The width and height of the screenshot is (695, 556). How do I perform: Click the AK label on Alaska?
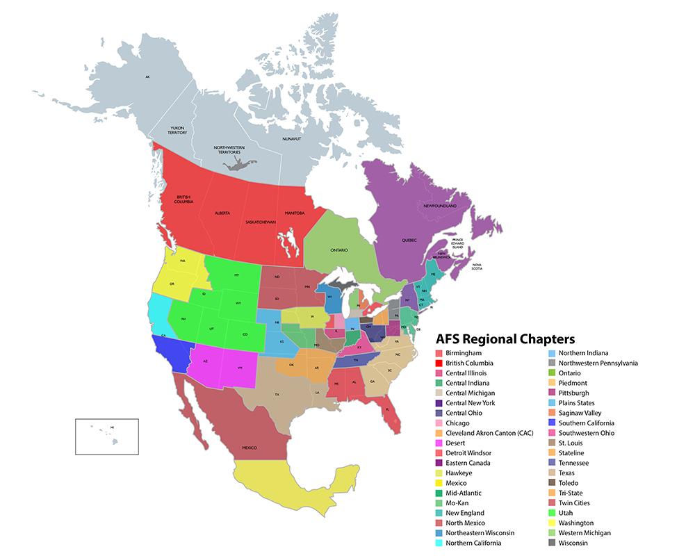(x=147, y=76)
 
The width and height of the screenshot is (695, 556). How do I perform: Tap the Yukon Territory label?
(x=179, y=131)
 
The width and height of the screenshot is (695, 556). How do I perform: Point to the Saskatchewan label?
(x=261, y=222)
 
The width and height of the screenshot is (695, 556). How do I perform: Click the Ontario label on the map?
(x=339, y=250)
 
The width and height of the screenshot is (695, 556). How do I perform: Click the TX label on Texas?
(x=276, y=394)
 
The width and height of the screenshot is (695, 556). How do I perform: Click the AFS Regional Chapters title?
(x=505, y=339)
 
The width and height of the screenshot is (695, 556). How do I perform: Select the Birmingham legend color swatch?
(x=439, y=353)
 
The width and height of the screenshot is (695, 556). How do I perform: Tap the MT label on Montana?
(x=236, y=275)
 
